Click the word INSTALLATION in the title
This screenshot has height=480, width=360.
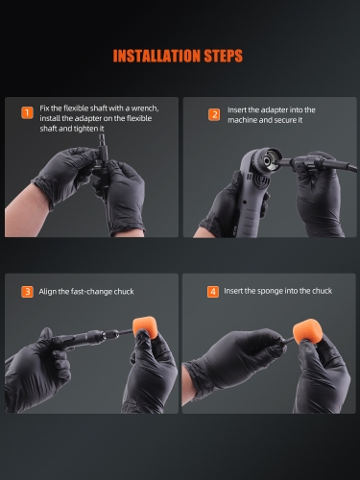click(x=156, y=56)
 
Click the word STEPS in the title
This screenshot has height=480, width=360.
click(x=224, y=56)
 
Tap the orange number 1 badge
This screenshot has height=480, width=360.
click(x=27, y=112)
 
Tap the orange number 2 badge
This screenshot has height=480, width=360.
click(x=214, y=114)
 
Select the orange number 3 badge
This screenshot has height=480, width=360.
click(x=27, y=292)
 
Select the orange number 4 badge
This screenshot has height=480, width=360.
click(x=213, y=292)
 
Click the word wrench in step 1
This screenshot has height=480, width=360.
click(x=145, y=108)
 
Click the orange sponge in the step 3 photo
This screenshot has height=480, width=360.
click(x=145, y=327)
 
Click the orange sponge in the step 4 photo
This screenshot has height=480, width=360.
click(x=306, y=331)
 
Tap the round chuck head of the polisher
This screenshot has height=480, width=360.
click(x=266, y=159)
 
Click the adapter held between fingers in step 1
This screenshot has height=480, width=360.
click(x=103, y=154)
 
